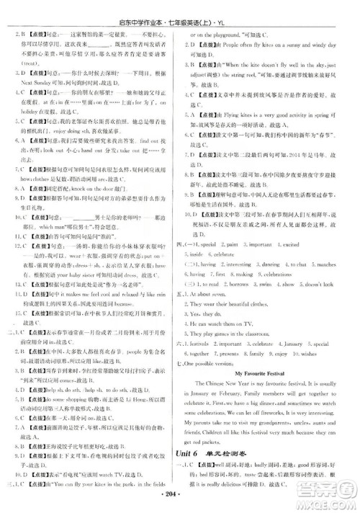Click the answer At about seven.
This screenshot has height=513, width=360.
215,294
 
